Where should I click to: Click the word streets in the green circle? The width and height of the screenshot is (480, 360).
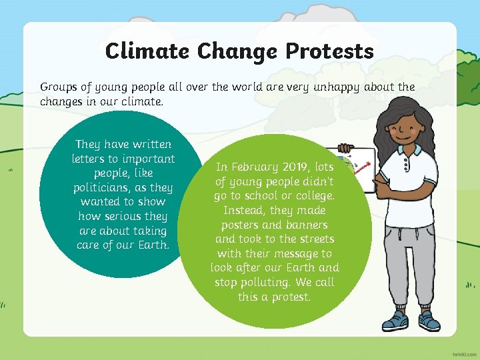click(312, 239)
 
